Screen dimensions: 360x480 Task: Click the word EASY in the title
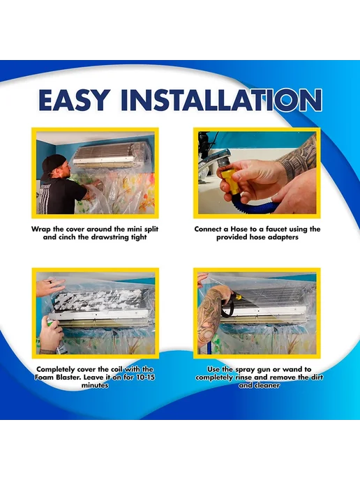point(74,100)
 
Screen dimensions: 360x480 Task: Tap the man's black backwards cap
point(52,165)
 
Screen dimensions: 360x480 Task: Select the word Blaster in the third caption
point(68,377)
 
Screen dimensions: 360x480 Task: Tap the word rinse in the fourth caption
point(243,377)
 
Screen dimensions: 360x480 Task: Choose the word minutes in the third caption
point(95,385)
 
